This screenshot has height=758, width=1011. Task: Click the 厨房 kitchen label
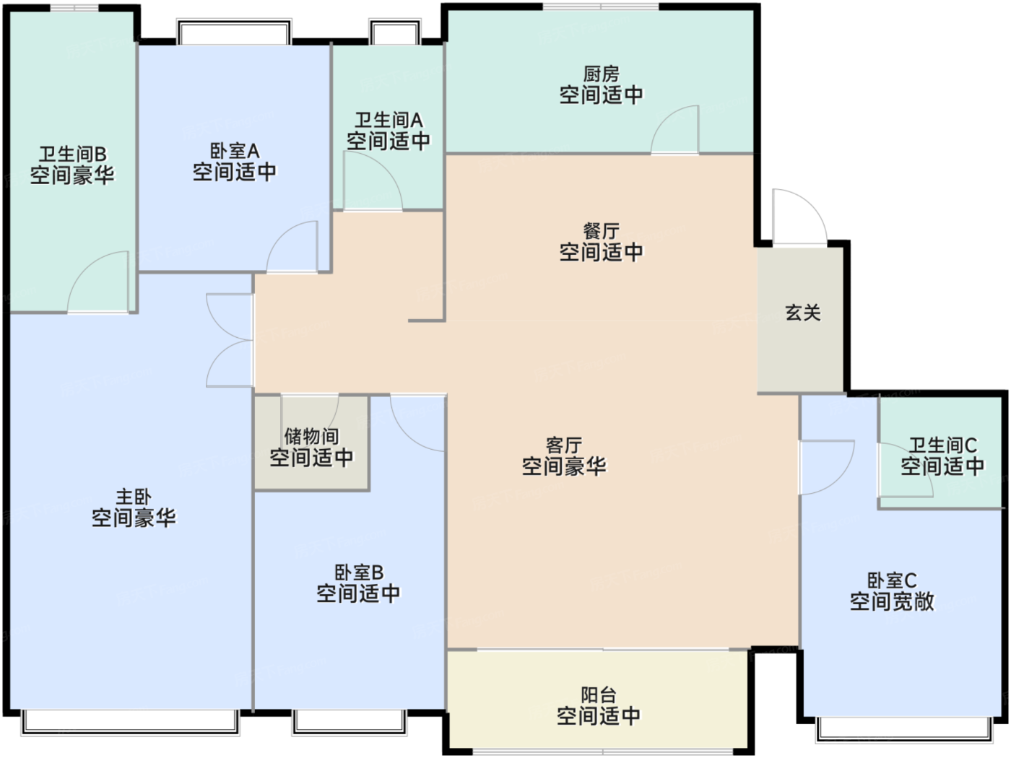coord(601,74)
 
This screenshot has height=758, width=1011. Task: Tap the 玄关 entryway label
coord(803,313)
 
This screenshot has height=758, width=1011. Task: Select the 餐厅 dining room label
coord(601,232)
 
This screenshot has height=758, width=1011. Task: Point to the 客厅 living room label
coord(564,445)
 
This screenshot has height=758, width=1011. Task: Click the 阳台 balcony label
coord(599,695)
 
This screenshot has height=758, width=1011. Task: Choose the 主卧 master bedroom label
coord(134,497)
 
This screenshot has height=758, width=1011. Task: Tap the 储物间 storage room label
coord(311,436)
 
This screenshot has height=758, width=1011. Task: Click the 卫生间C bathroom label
coord(942,445)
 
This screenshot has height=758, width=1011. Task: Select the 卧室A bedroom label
coord(235,151)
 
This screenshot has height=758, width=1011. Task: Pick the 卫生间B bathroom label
coord(72,154)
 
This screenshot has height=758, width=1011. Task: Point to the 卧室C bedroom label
coord(892,580)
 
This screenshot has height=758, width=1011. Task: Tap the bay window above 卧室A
coord(234,31)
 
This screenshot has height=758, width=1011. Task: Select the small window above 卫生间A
coord(395,31)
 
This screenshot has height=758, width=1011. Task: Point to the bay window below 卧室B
coord(350,722)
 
